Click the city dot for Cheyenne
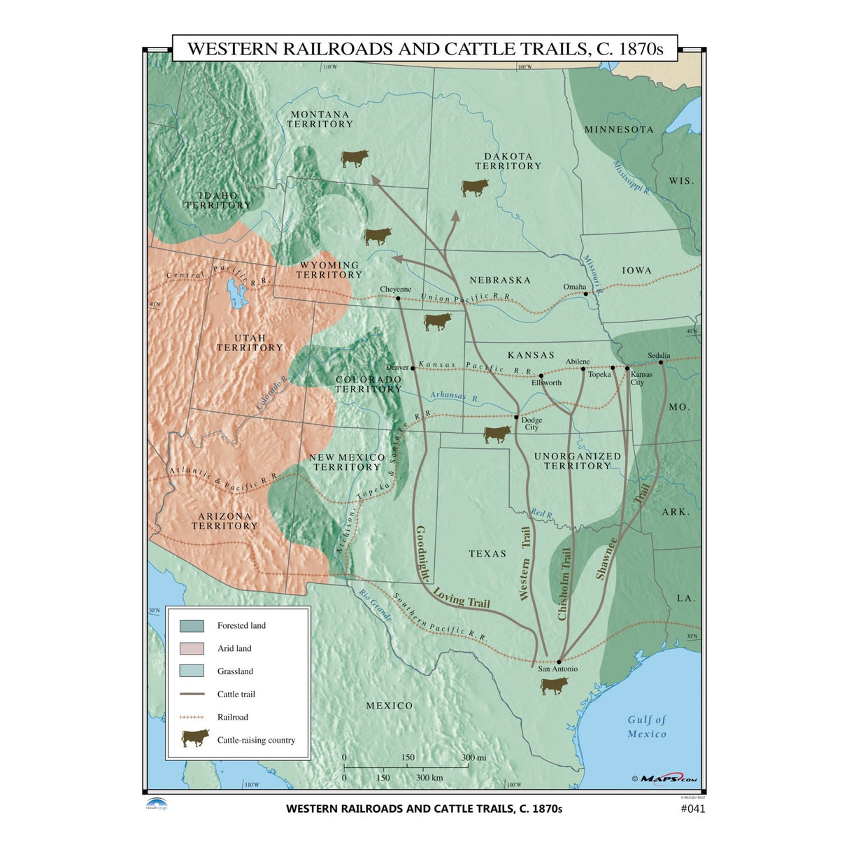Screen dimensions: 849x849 [x=398, y=299]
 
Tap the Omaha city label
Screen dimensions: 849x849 [x=575, y=287]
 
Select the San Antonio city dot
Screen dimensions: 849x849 [x=559, y=661]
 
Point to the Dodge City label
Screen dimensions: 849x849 [x=531, y=424]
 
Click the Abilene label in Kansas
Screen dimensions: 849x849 [x=578, y=362]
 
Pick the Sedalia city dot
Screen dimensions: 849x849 [x=661, y=362]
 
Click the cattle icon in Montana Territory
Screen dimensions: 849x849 [x=354, y=159]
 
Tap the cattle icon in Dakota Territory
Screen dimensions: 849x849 [x=475, y=187]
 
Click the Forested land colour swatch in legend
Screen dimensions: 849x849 [x=192, y=626]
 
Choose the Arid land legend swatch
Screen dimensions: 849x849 [x=192, y=648]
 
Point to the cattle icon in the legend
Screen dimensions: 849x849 [x=195, y=739]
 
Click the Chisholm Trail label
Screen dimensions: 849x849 [x=564, y=584]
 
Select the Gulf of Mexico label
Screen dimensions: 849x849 [x=647, y=727]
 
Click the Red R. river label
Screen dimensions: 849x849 [x=541, y=514]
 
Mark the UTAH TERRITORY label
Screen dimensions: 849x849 [x=250, y=343]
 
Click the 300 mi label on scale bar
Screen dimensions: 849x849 [x=473, y=757]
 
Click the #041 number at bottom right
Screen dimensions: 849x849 [x=692, y=809]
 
